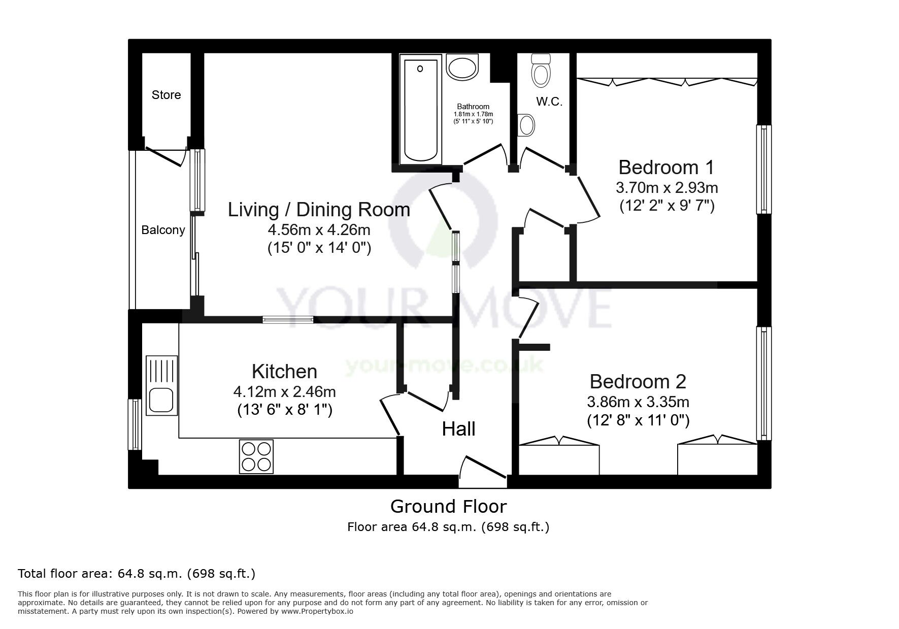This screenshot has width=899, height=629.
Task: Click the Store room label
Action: click(166, 95)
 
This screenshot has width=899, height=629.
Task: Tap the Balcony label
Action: click(163, 230)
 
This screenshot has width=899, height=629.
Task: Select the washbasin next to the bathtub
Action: click(462, 68)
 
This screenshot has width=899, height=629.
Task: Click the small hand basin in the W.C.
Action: click(526, 124)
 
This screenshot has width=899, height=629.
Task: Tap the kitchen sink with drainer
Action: click(162, 385)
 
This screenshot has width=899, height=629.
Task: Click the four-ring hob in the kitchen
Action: click(256, 456)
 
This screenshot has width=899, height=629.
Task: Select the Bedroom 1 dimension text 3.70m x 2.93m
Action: click(667, 188)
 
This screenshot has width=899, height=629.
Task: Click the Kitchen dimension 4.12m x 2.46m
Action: click(284, 392)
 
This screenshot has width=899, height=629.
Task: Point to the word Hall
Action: click(458, 429)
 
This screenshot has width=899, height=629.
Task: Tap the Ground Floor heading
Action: click(448, 506)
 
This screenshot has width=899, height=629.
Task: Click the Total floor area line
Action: click(137, 574)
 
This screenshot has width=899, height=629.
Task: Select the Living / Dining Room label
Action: click(319, 210)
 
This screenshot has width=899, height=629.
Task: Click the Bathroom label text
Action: click(473, 107)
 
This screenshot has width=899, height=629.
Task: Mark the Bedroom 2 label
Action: click(638, 381)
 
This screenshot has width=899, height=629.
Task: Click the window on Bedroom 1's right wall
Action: click(763, 170)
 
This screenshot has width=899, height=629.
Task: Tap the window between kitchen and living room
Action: click(288, 319)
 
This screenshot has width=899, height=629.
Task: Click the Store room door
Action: click(165, 156)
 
